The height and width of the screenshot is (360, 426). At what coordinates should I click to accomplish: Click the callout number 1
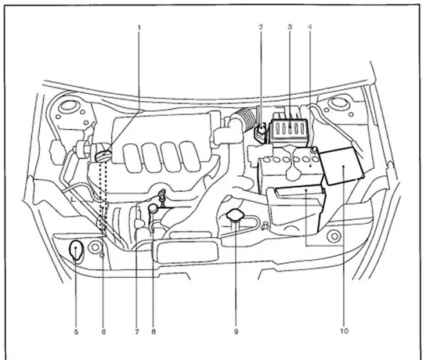(139, 27)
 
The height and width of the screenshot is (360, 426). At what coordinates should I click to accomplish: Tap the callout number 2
(261, 27)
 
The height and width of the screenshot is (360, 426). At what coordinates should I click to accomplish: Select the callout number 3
(290, 27)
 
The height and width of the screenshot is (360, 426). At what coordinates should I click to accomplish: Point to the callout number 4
(310, 27)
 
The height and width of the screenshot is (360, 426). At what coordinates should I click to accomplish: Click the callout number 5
(76, 332)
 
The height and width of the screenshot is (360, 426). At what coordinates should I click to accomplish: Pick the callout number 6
(103, 332)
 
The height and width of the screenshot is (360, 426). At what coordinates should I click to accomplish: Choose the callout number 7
(137, 332)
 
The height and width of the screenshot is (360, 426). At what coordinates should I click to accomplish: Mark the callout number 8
(153, 332)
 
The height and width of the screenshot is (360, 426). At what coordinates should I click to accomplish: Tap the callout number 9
(236, 332)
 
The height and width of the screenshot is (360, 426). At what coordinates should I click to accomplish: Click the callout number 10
(344, 331)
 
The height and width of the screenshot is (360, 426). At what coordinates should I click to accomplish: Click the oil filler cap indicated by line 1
(103, 156)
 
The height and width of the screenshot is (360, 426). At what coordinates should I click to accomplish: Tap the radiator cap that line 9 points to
(235, 214)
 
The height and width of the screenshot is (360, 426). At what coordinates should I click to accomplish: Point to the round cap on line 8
(153, 208)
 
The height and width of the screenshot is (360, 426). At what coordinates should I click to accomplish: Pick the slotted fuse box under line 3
(289, 130)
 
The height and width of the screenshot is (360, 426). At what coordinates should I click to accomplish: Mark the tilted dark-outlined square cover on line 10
(342, 166)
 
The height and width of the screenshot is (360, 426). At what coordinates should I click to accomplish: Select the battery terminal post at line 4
(314, 149)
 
